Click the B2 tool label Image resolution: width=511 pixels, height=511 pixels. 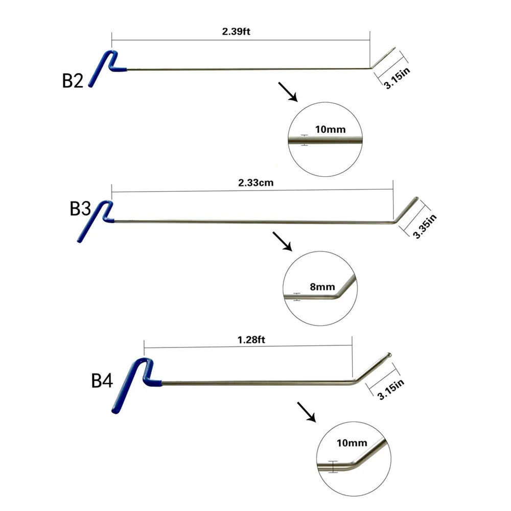pos(73,81)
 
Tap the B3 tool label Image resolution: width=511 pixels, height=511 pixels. pos(80,210)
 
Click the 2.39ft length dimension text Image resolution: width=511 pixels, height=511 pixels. pos(236,31)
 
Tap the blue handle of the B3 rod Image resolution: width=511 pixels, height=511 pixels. pos(96,221)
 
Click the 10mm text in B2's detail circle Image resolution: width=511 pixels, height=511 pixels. pos(330,130)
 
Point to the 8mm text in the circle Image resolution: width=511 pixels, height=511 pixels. pos(322,287)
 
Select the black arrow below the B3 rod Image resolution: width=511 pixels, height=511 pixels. pos(282,241)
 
